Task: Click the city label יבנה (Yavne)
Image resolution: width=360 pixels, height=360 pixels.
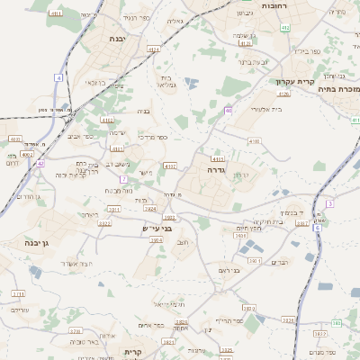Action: click(117, 39)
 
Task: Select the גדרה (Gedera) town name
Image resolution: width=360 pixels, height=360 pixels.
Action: click(216, 168)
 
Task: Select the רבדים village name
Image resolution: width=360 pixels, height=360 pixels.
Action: click(280, 262)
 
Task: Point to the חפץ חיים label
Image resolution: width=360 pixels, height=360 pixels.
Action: click(248, 229)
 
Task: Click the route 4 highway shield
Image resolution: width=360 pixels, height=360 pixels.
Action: click(58, 78)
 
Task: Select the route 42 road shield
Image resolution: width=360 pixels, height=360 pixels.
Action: click(40, 164)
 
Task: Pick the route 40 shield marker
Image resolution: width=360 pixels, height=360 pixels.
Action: click(229, 110)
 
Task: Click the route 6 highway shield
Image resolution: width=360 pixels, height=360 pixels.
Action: click(317, 228)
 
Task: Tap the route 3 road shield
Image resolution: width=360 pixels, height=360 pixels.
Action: click(330, 204)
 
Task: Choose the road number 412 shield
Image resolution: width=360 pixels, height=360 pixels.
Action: click(285, 29)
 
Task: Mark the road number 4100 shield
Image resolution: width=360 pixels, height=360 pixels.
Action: click(254, 141)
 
